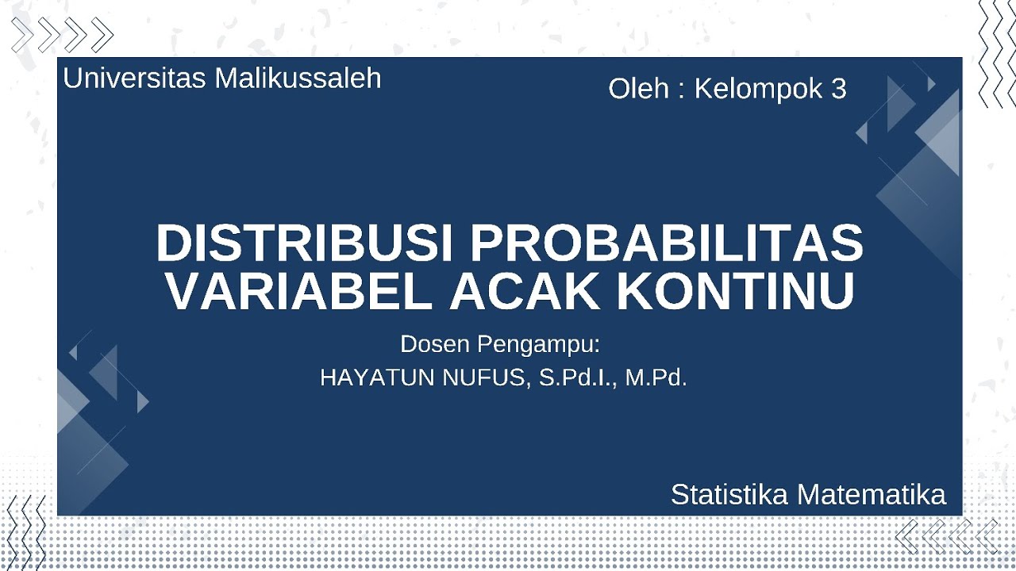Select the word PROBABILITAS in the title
(667, 243)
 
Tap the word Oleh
(638, 89)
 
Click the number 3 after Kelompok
(839, 89)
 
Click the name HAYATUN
(376, 378)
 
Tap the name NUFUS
(484, 378)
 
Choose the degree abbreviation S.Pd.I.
(577, 378)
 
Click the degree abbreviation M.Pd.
(656, 378)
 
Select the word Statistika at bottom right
(729, 495)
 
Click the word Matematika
(871, 495)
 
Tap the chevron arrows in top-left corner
(63, 35)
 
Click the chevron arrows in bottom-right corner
(946, 536)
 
